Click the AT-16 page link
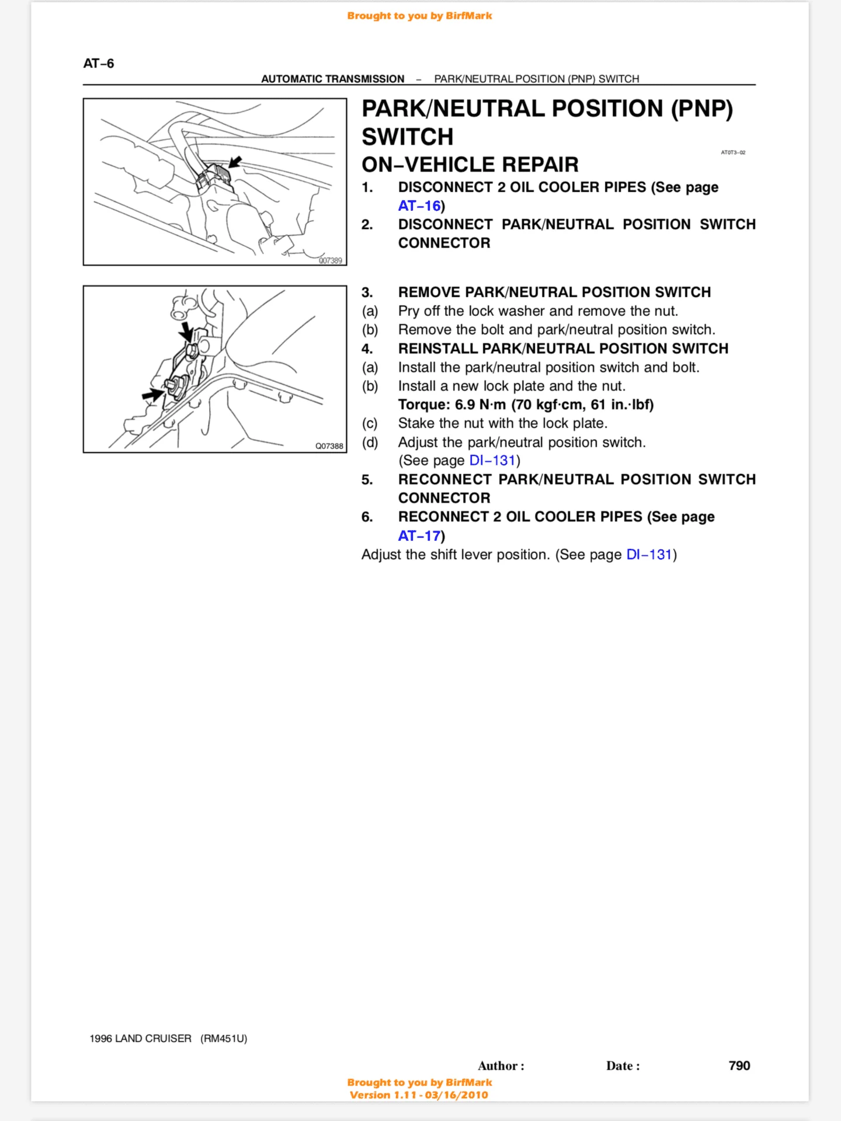point(419,206)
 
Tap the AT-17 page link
point(419,536)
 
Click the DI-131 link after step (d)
point(492,461)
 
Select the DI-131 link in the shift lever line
point(649,555)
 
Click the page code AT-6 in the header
point(99,64)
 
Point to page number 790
point(739,1066)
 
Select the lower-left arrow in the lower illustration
point(152,395)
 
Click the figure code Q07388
point(329,446)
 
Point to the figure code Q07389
point(330,260)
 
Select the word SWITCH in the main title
point(407,137)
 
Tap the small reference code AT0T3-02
point(733,152)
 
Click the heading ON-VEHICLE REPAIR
point(470,165)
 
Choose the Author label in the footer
point(501,1066)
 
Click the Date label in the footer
point(623,1066)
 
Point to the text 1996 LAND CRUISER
point(140,1039)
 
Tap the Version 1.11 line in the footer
point(419,1095)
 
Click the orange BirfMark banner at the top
point(419,16)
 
